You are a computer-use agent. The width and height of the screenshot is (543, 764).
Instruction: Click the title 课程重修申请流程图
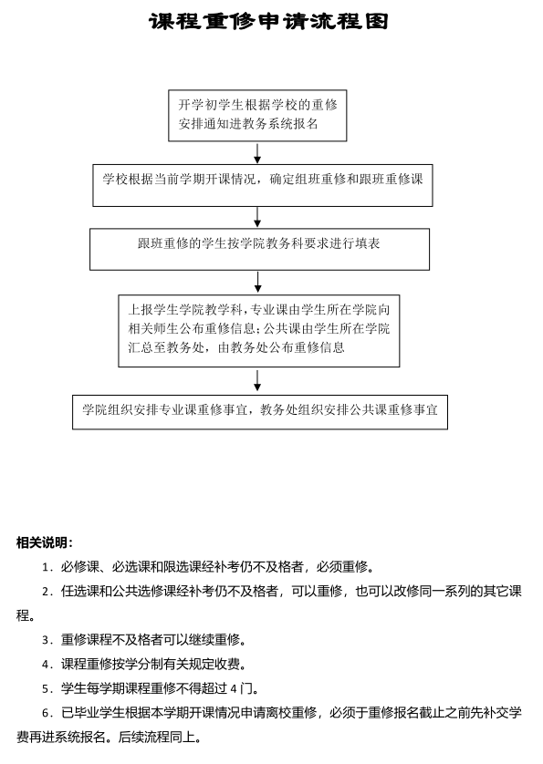point(269,22)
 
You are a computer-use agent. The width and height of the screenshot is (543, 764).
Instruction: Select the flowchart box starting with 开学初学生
point(257,116)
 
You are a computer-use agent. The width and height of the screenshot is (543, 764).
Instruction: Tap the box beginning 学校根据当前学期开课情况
point(263,185)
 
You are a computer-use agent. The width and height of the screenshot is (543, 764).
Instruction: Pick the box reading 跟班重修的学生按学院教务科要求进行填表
point(259,249)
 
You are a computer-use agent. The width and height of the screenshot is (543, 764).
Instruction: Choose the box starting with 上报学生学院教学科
point(259,330)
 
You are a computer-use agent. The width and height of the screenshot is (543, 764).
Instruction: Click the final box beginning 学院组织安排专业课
point(260,412)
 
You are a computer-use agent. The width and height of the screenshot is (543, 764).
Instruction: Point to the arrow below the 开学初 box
point(257,153)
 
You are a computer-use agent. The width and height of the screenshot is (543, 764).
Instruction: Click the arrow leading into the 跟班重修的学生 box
point(257,217)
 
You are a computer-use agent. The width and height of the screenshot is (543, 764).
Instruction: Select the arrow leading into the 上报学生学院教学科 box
point(258,282)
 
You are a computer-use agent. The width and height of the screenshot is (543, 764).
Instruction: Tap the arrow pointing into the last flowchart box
point(257,380)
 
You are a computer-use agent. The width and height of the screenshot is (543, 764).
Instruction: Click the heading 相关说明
point(45,542)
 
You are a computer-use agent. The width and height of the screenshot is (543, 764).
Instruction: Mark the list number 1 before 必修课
point(47,567)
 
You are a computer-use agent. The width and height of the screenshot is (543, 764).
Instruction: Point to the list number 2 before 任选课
point(47,592)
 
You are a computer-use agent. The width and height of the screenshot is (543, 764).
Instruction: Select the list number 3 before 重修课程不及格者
point(47,640)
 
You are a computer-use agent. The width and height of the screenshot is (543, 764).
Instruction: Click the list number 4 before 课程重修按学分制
point(47,664)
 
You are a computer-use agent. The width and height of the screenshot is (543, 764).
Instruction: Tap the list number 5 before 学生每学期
point(47,688)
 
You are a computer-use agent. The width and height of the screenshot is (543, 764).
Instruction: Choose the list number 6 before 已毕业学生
point(47,713)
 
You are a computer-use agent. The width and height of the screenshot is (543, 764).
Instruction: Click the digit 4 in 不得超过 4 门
point(234,688)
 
